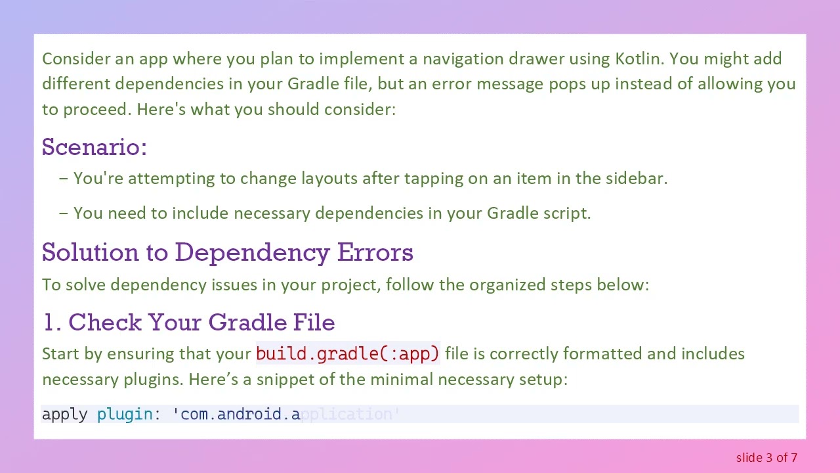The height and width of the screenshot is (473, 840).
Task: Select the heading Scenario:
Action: click(94, 146)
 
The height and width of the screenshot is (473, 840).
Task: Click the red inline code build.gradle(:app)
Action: click(347, 354)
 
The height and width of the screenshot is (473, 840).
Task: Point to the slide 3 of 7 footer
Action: click(766, 457)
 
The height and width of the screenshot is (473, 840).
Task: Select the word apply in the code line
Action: click(64, 415)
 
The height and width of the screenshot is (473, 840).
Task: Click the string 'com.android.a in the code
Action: click(236, 415)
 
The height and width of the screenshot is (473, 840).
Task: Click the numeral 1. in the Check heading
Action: click(52, 323)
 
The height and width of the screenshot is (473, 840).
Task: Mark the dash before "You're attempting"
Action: click(63, 178)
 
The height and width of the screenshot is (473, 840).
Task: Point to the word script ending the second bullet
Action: click(568, 213)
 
